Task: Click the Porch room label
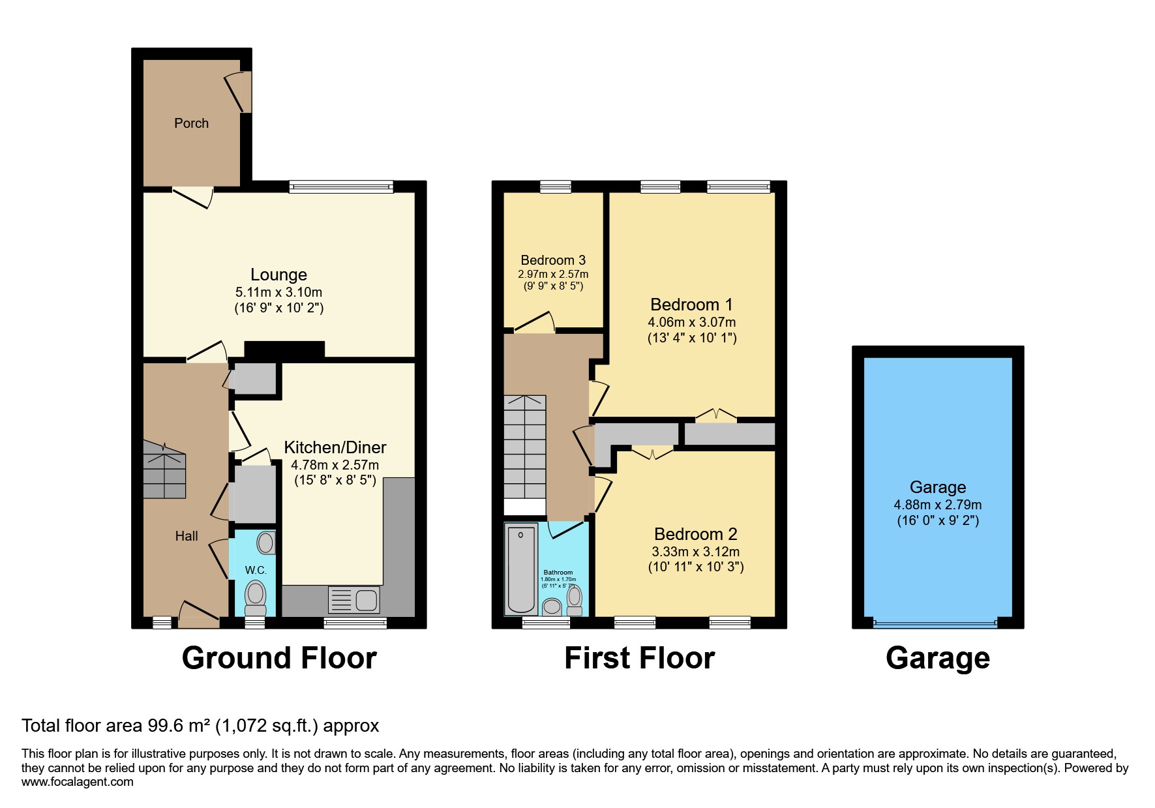pyautogui.click(x=191, y=123)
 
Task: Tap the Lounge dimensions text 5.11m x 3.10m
pyautogui.click(x=278, y=292)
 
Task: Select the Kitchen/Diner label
pyautogui.click(x=335, y=447)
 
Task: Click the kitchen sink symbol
pyautogui.click(x=354, y=600)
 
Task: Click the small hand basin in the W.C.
pyautogui.click(x=266, y=543)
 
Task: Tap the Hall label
pyautogui.click(x=186, y=536)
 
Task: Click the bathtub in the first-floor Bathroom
pyautogui.click(x=520, y=567)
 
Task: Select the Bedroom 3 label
pyautogui.click(x=552, y=260)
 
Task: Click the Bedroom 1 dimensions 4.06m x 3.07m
pyautogui.click(x=691, y=322)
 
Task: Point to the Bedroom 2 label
pyautogui.click(x=695, y=534)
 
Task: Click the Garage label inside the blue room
pyautogui.click(x=937, y=487)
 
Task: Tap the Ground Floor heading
pyautogui.click(x=279, y=658)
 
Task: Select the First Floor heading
pyautogui.click(x=639, y=658)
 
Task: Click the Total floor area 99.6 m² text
pyautogui.click(x=200, y=726)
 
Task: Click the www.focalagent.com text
pyautogui.click(x=77, y=782)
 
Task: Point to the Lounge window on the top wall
pyautogui.click(x=341, y=187)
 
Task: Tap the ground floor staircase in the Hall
pyautogui.click(x=164, y=470)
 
